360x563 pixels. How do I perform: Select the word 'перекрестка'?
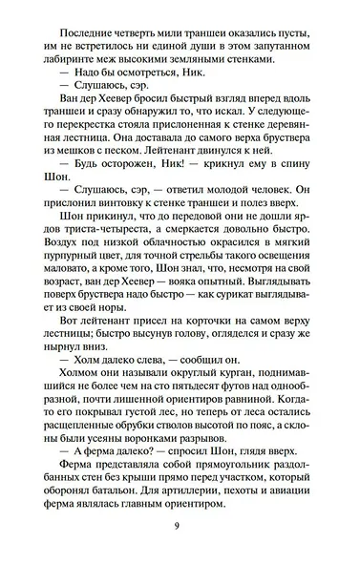(103, 131)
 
